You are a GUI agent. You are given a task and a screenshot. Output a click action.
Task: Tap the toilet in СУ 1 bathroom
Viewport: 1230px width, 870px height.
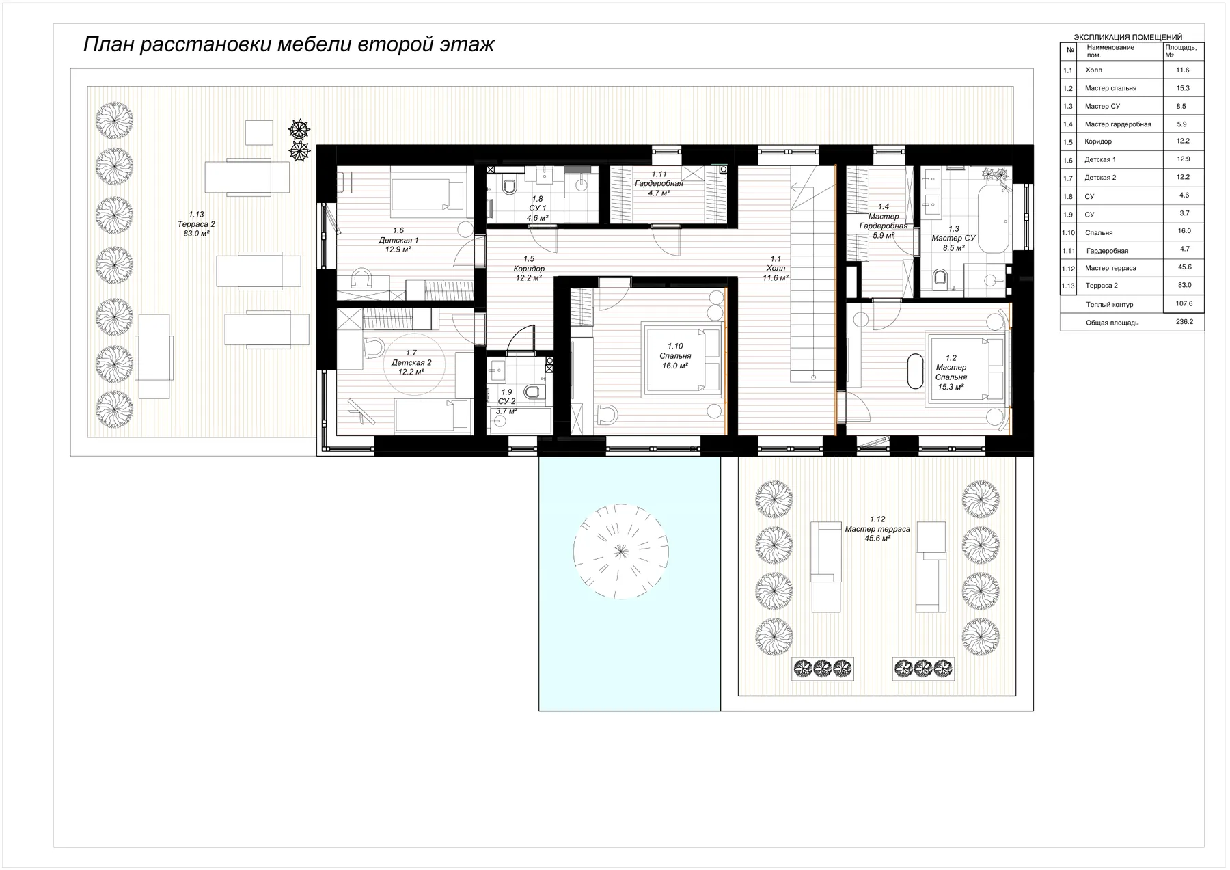(509, 186)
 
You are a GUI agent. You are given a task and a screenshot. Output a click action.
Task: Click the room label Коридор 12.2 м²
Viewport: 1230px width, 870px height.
(529, 269)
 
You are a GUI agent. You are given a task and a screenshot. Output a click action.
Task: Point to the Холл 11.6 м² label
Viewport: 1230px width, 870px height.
(776, 269)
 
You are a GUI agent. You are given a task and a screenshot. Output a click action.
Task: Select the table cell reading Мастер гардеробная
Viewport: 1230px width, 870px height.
(1118, 124)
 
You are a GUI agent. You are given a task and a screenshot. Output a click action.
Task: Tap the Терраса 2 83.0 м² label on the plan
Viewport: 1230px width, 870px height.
(195, 224)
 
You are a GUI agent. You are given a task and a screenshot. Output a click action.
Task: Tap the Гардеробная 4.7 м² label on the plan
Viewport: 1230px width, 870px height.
(659, 184)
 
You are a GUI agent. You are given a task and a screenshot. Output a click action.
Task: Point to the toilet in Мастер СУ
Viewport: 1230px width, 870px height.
(940, 277)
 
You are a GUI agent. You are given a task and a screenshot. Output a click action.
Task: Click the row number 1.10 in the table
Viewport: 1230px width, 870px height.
(1068, 233)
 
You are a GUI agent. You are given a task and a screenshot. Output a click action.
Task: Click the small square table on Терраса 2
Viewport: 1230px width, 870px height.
(259, 132)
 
